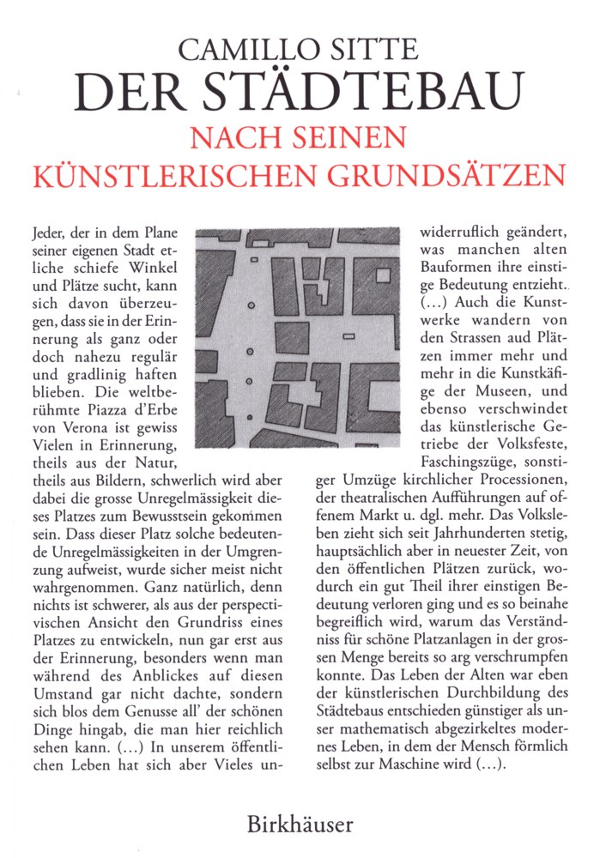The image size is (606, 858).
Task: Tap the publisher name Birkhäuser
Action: [300, 825]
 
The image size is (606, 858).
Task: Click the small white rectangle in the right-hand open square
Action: [348, 336]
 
